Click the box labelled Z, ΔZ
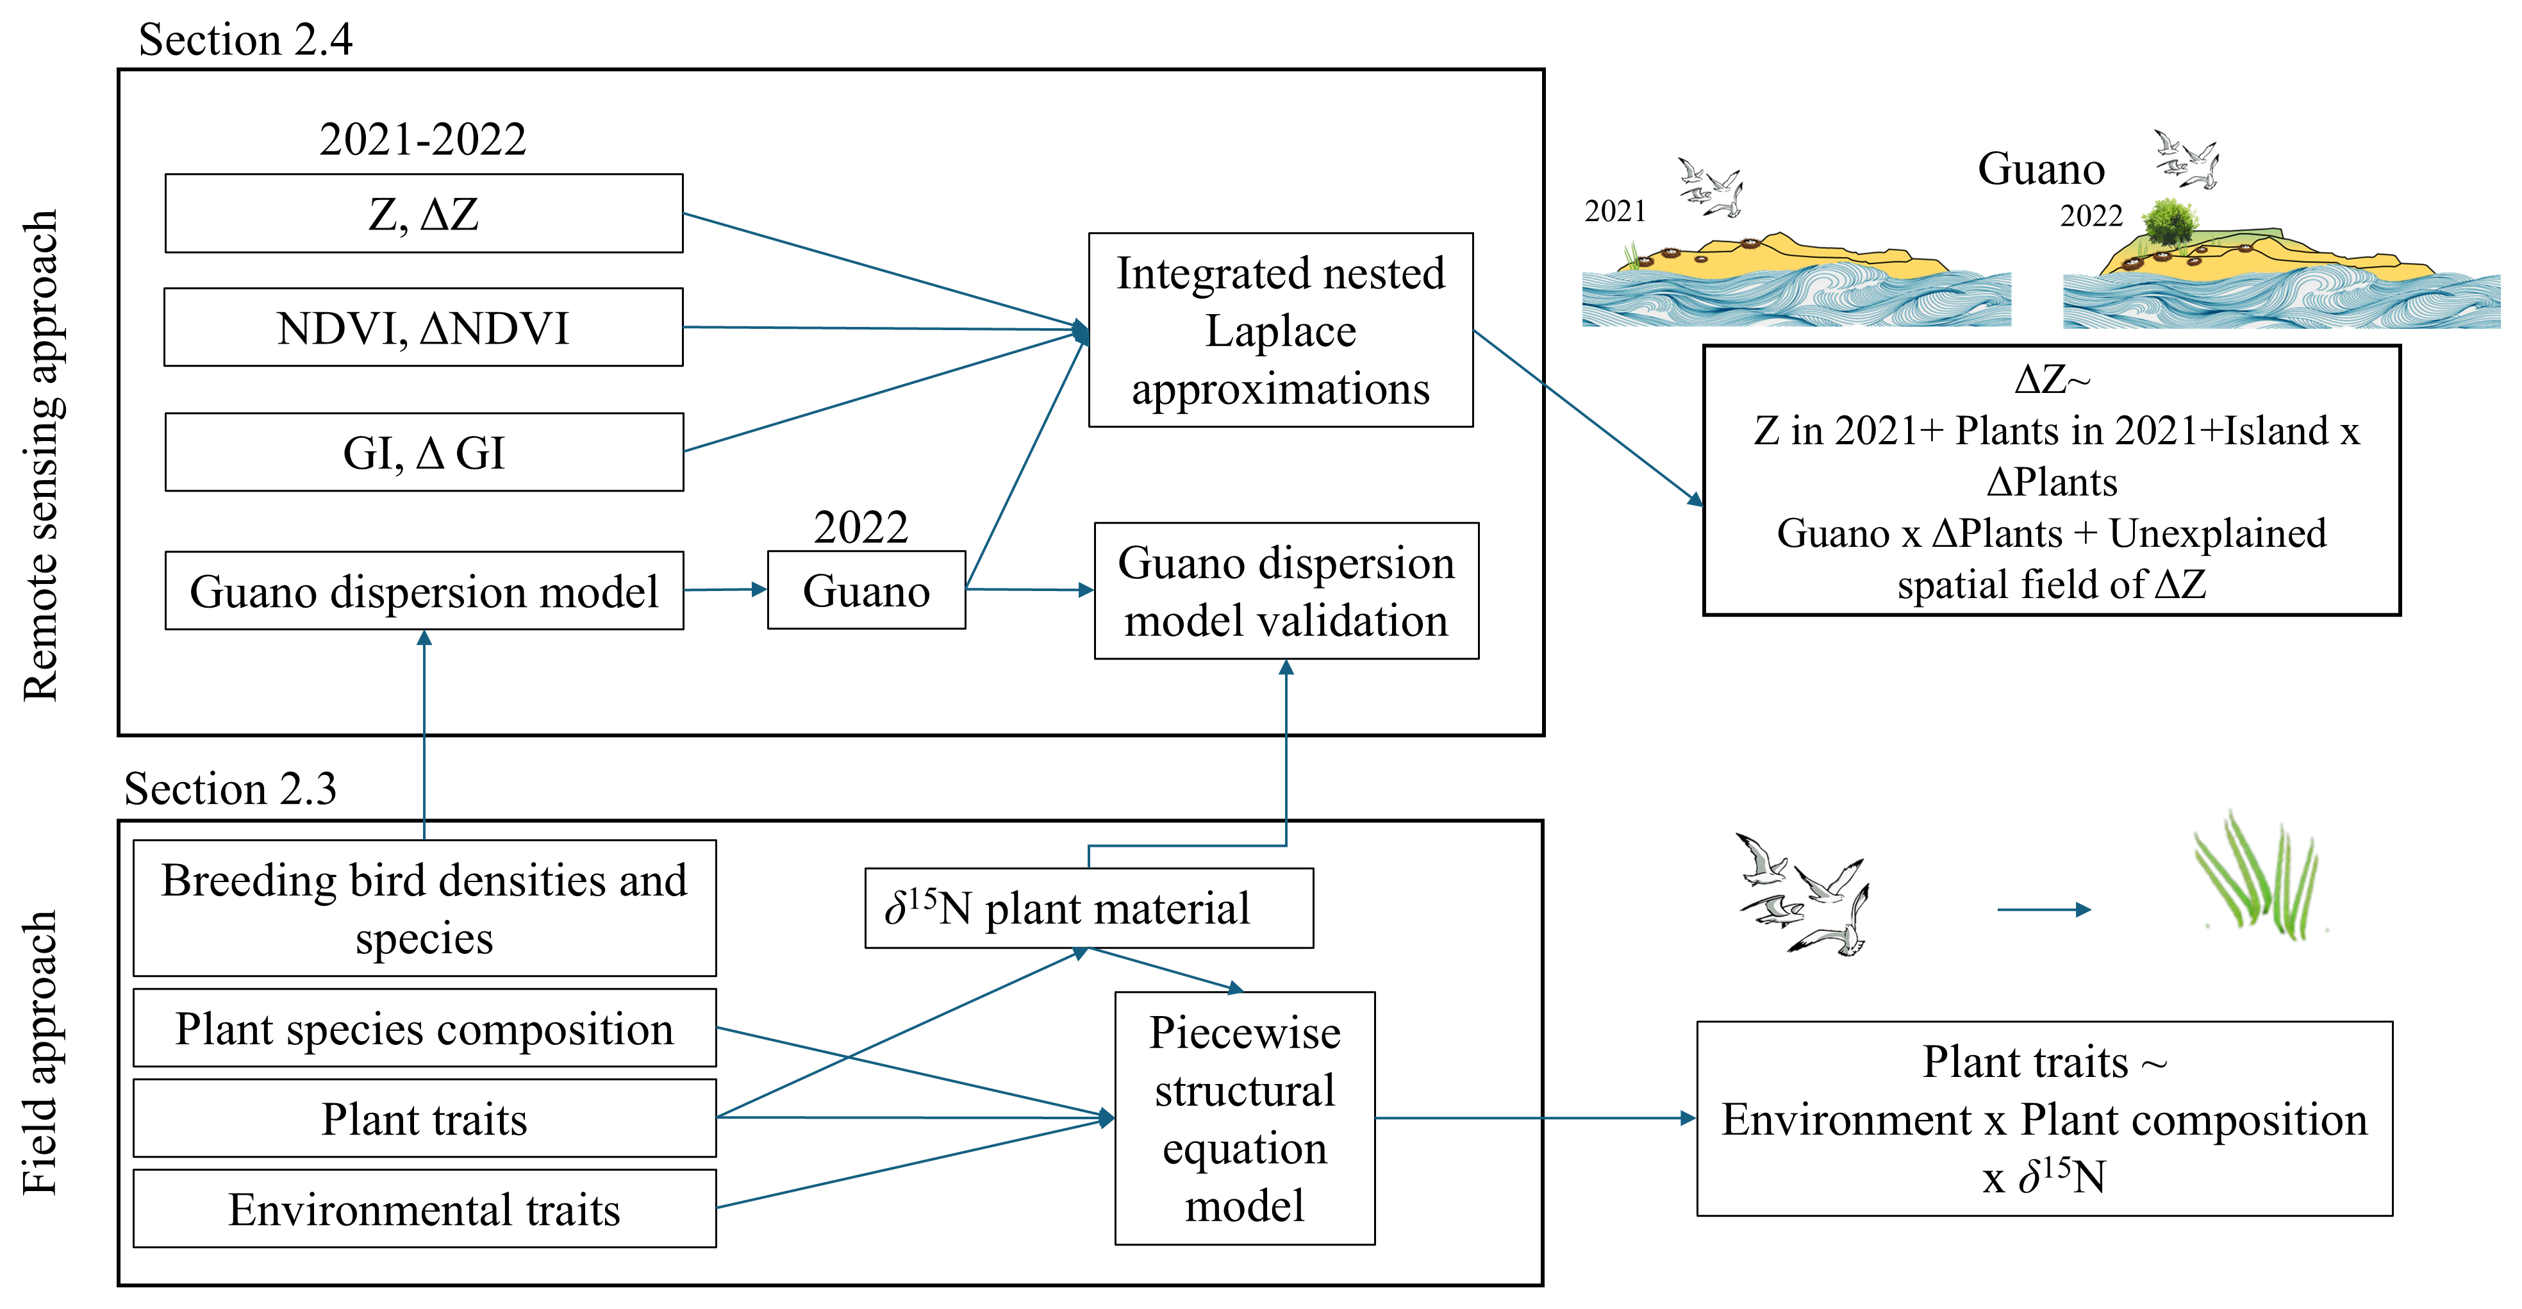coord(424,213)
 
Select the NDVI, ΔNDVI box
coord(424,327)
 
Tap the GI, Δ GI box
coord(424,453)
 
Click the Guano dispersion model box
coord(424,590)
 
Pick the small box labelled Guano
coord(867,590)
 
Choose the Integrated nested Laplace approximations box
coord(1281,330)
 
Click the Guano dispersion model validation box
coord(1286,590)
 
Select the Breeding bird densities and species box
coord(424,908)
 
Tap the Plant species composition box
coord(424,1028)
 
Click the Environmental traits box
coord(424,1209)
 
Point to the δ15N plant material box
coord(1089,908)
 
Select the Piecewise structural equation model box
coord(1245,1118)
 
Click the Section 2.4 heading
coord(245,39)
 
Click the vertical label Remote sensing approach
coord(41,455)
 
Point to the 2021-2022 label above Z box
coord(423,139)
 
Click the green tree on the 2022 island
coord(2171,223)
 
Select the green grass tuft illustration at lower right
coord(2257,876)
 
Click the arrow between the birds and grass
coord(2043,910)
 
